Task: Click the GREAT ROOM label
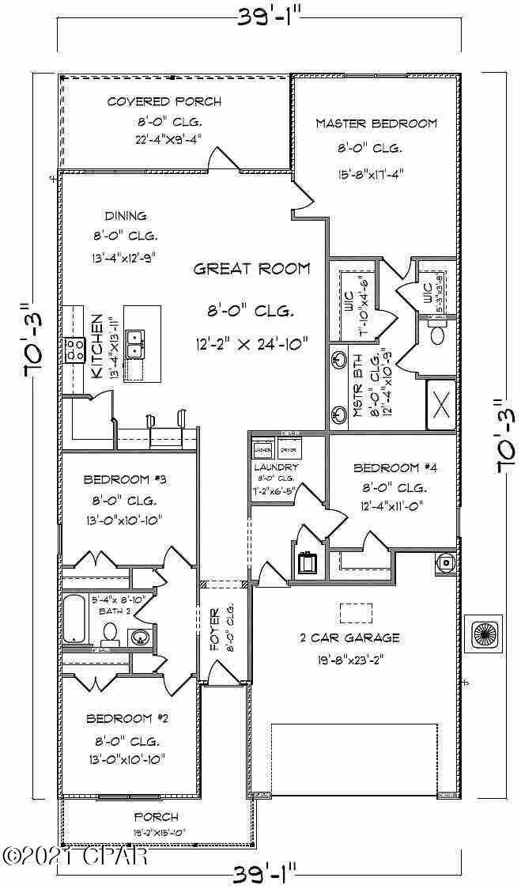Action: click(x=252, y=269)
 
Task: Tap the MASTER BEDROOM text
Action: click(x=376, y=123)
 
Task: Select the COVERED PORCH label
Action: click(x=164, y=101)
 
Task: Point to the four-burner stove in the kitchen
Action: click(x=75, y=349)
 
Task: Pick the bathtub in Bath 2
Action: click(x=75, y=619)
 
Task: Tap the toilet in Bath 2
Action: click(x=110, y=632)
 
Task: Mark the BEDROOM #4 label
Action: click(x=395, y=467)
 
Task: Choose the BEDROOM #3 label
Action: click(x=125, y=479)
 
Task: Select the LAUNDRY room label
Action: click(x=275, y=467)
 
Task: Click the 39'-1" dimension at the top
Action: click(x=260, y=17)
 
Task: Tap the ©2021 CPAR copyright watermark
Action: click(x=74, y=856)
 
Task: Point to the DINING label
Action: click(x=126, y=215)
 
